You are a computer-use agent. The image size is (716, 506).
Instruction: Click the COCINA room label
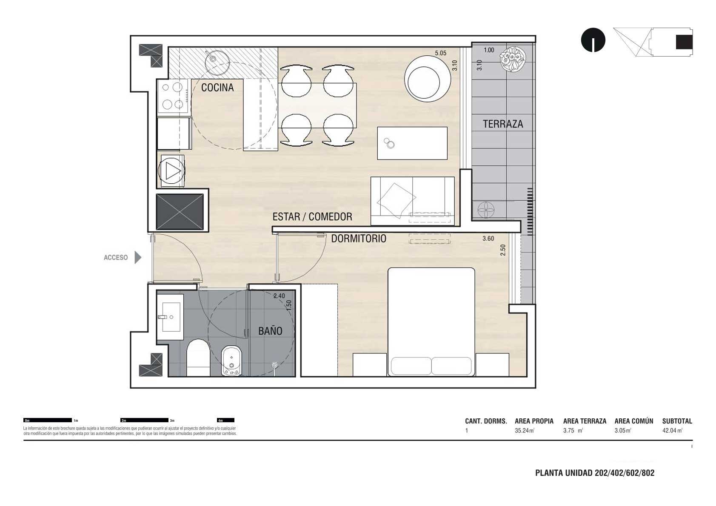point(217,88)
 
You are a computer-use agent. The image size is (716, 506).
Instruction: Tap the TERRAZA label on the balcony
point(503,124)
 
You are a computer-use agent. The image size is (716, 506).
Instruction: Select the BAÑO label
point(270,331)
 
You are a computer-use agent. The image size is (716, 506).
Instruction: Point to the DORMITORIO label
point(359,239)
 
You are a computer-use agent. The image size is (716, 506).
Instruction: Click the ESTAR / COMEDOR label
point(312,217)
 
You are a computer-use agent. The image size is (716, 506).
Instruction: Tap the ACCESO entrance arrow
point(138,258)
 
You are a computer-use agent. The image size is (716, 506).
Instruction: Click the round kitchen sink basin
point(212,58)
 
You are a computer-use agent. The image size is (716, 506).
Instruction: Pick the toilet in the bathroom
point(198,358)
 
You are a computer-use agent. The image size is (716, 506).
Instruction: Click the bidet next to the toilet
point(231,361)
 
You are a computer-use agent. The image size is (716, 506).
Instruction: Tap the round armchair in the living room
point(428,79)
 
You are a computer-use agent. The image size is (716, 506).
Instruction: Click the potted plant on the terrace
point(513,58)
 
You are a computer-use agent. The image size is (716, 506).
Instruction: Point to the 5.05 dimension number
point(440,53)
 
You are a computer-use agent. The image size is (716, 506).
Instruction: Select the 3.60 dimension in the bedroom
point(488,239)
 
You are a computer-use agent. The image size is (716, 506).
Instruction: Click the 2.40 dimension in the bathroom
point(279,296)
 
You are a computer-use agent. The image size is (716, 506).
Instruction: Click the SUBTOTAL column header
point(677,421)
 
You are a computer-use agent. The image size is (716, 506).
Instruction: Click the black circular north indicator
point(593,40)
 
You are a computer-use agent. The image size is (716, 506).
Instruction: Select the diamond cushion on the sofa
point(397,201)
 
